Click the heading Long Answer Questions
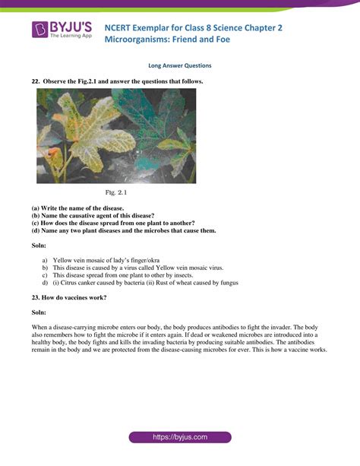(x=179, y=65)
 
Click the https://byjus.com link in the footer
(x=179, y=438)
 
